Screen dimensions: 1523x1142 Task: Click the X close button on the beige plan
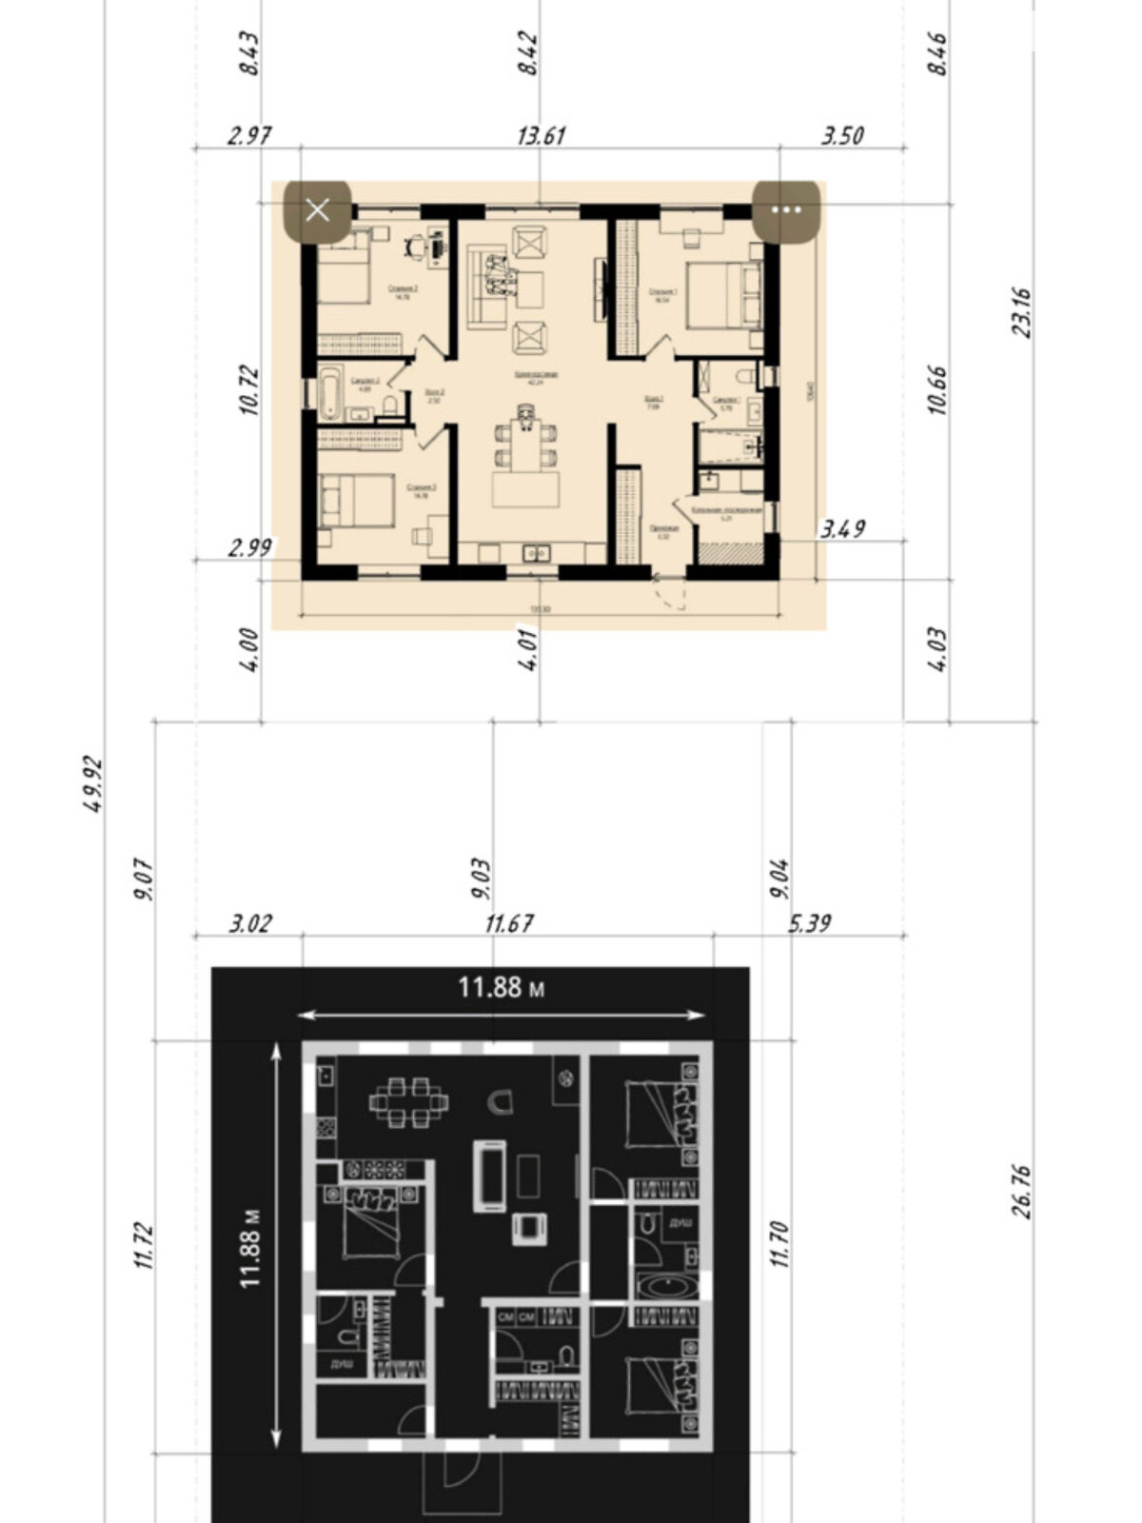coord(318,209)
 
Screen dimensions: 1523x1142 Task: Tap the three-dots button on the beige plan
coord(785,209)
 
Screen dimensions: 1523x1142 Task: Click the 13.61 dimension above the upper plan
coord(541,135)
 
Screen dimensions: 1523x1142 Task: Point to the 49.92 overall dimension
coord(93,782)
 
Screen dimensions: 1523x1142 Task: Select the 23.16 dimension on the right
coord(1023,312)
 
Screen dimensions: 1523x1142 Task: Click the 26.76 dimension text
coord(1023,1190)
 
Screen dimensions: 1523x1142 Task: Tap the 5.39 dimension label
coord(810,923)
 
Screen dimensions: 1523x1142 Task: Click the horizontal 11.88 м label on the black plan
coord(502,987)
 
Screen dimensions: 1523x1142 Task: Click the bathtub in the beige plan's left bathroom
coord(330,392)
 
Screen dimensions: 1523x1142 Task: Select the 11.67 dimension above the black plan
coord(508,923)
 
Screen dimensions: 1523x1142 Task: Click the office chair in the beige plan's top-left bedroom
coord(417,246)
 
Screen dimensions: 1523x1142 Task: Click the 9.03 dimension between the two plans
coord(482,878)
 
